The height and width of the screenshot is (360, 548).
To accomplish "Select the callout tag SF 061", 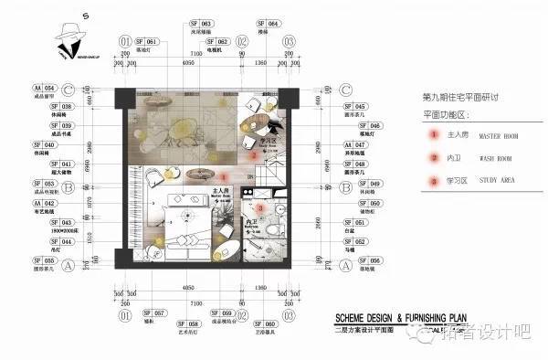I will pyautogui.click(x=147, y=42).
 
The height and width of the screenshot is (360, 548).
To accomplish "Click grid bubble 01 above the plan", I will pyautogui.click(x=124, y=41).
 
